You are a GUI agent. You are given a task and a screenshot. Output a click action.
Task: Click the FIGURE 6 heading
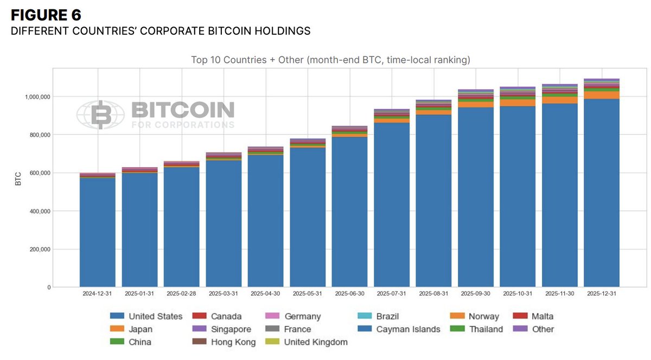pos(46,15)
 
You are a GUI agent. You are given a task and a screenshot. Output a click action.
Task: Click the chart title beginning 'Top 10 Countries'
pos(330,60)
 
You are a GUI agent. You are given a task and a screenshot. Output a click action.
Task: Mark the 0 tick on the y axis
pos(48,287)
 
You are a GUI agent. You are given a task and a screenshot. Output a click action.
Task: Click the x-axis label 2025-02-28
pos(181,293)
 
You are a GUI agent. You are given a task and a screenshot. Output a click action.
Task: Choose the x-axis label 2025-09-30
pos(476,293)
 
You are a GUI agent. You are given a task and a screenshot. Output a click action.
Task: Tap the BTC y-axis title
pos(18,179)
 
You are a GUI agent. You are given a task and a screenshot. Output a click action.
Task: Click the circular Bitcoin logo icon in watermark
pos(101,115)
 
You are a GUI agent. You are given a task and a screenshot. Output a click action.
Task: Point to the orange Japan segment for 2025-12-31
pos(602,95)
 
